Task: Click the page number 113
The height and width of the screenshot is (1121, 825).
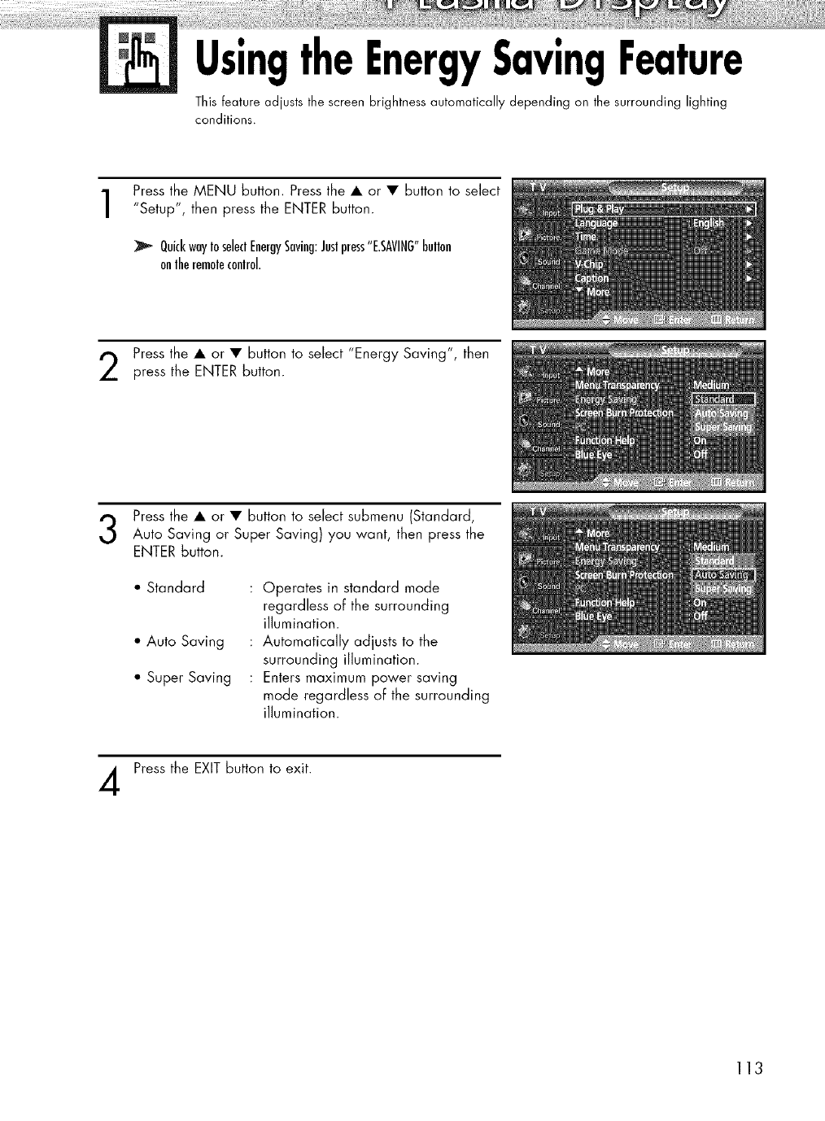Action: point(746,1068)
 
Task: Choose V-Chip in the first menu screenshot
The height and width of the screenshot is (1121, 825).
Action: point(590,264)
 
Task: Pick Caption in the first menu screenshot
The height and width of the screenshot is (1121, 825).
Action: point(591,278)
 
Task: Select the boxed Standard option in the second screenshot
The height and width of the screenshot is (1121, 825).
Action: point(722,399)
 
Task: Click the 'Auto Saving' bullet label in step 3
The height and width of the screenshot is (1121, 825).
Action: point(185,642)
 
